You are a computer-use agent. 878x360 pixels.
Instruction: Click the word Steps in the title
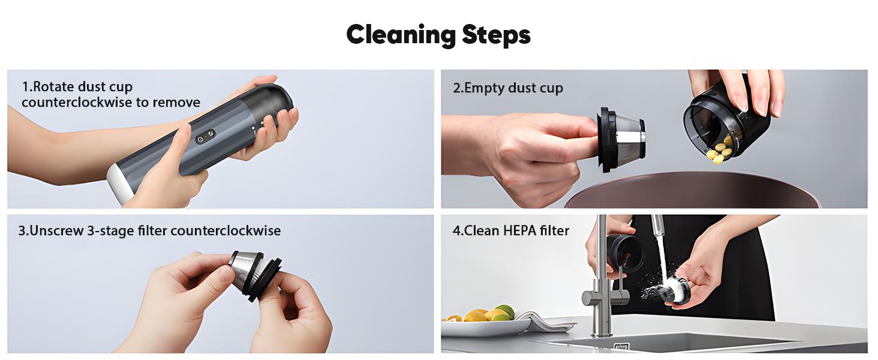point(496,35)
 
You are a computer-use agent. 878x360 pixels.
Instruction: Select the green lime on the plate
point(506,311)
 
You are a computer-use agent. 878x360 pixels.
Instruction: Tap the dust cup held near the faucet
point(626,251)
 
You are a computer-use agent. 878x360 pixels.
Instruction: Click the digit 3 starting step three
point(21,230)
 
